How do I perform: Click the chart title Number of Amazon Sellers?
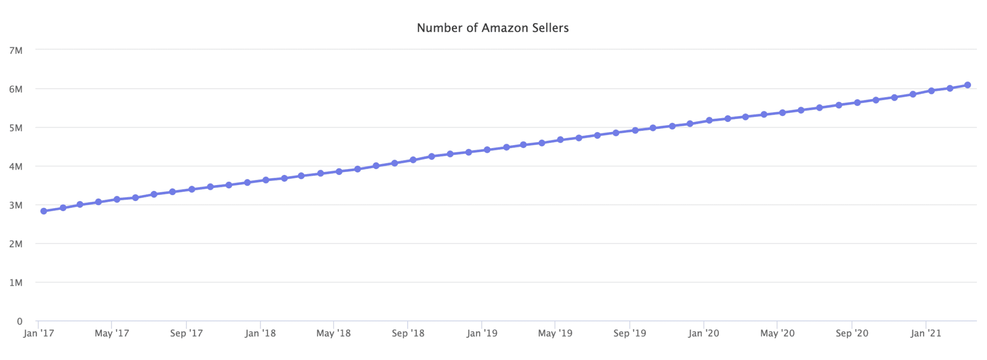click(x=493, y=28)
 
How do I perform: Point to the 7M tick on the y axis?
click(x=16, y=50)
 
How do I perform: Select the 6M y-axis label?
click(x=16, y=89)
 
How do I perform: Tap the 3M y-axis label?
click(x=16, y=205)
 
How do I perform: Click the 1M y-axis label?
click(x=16, y=282)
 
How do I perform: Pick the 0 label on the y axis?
click(x=20, y=321)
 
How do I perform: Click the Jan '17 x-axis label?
click(x=39, y=333)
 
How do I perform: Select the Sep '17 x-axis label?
click(x=187, y=333)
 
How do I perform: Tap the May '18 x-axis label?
click(x=333, y=333)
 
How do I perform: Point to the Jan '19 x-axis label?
click(x=482, y=333)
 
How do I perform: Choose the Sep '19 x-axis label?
click(x=629, y=333)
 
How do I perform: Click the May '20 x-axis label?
click(x=777, y=333)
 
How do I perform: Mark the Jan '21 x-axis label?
click(x=926, y=333)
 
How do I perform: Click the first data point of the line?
click(x=44, y=211)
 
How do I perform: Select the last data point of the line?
click(x=967, y=85)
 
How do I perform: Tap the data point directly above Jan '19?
click(x=487, y=150)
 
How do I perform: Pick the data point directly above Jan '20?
click(x=709, y=120)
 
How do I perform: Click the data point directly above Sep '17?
click(x=192, y=189)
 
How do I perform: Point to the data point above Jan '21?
click(x=931, y=91)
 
